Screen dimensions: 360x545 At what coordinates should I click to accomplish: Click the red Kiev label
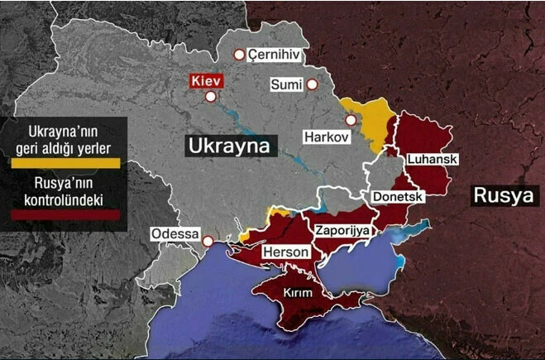click(x=207, y=82)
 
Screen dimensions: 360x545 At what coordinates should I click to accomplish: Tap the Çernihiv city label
click(x=273, y=55)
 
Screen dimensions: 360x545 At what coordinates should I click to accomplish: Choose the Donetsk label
click(x=398, y=197)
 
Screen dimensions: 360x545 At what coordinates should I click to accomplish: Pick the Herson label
click(x=285, y=252)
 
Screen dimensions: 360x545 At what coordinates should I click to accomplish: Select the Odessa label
click(x=175, y=234)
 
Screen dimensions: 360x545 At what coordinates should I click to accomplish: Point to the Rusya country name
click(x=504, y=195)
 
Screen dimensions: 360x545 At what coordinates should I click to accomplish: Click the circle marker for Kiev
click(x=211, y=97)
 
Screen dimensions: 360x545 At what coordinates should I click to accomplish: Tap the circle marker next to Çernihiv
click(x=239, y=55)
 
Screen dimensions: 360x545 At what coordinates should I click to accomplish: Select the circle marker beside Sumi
click(x=312, y=84)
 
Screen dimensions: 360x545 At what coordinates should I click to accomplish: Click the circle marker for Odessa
click(x=208, y=242)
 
